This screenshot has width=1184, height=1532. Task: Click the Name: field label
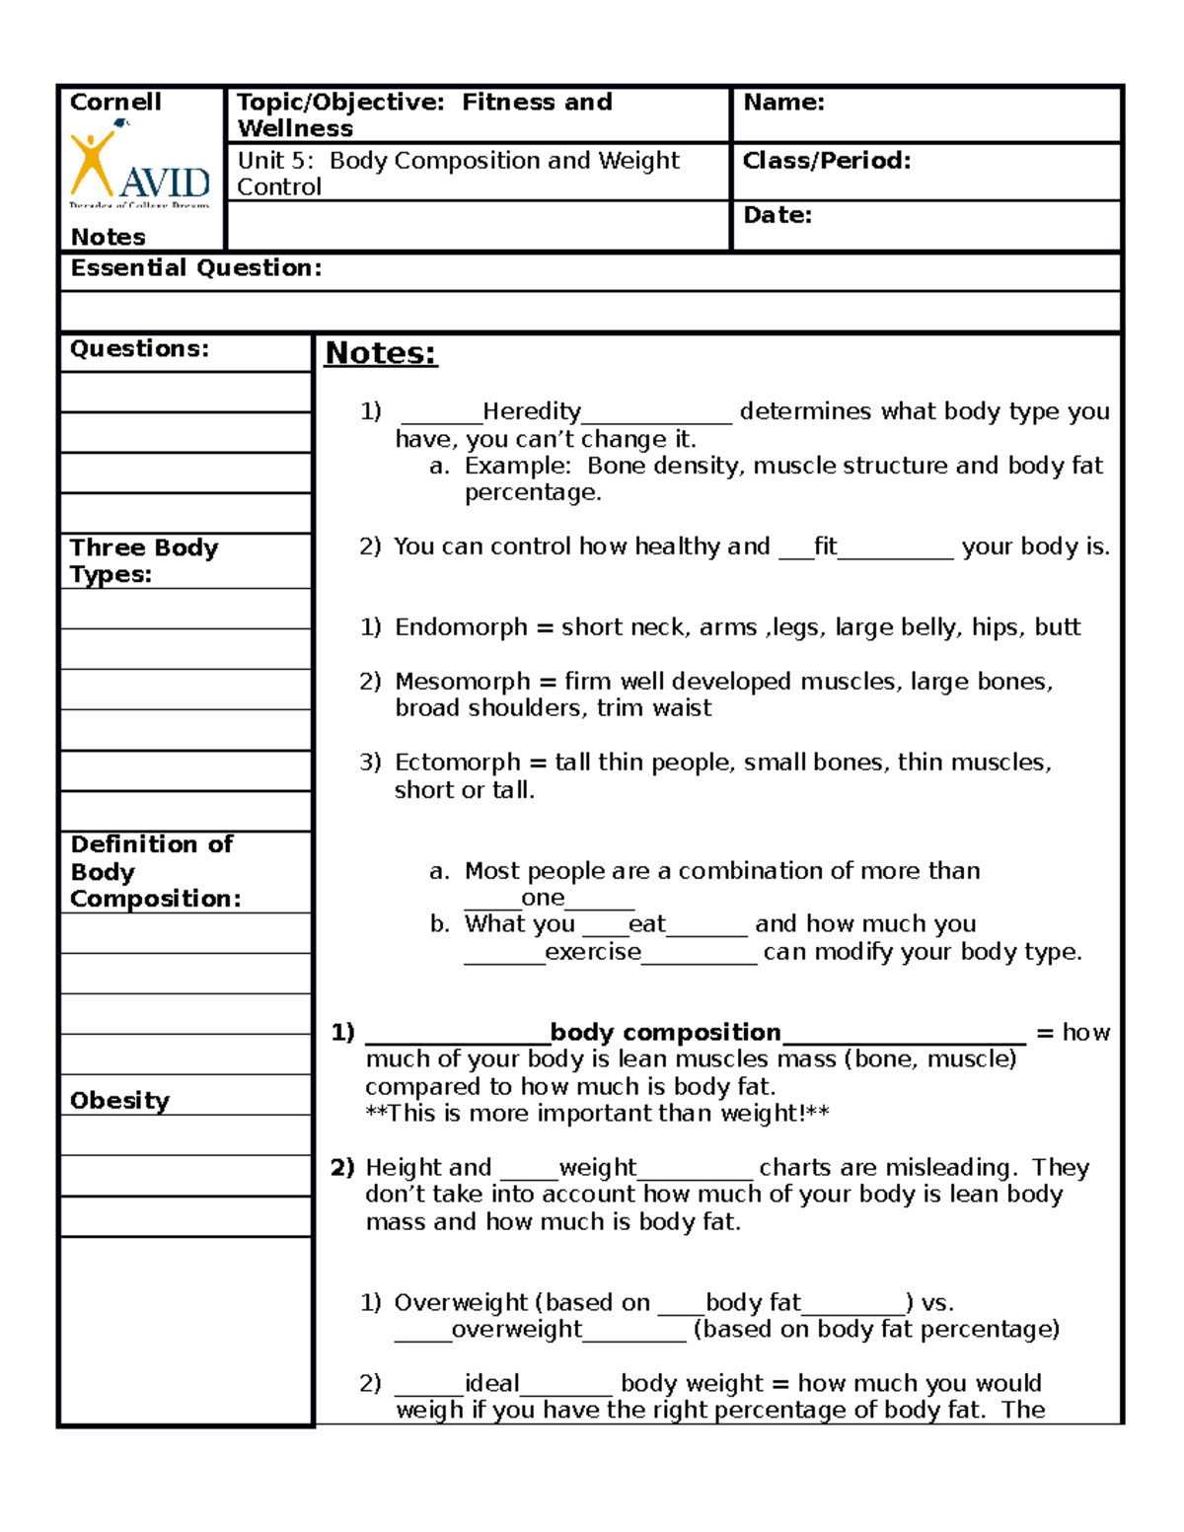pos(783,103)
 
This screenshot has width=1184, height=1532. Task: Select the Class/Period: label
pos(827,161)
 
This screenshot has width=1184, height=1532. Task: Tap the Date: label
pos(777,215)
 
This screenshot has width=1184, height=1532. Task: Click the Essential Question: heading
pos(195,268)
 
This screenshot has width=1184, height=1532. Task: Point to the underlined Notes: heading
pos(381,353)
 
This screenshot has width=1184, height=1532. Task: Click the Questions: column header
pos(139,349)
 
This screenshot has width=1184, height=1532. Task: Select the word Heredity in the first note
pos(531,411)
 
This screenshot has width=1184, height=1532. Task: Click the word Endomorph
pos(461,627)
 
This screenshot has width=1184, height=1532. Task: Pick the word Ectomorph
pos(457,763)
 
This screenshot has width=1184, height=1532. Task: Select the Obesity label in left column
pos(119,1101)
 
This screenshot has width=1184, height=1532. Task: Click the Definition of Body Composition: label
pos(153,871)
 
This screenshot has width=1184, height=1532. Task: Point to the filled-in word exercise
pos(593,952)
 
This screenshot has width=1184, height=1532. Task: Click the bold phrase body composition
pos(665,1033)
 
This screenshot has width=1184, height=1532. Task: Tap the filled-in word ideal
pos(491,1383)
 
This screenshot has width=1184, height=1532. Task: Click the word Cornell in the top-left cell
pos(115,103)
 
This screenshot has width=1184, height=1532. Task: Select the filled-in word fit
pos(825,547)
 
